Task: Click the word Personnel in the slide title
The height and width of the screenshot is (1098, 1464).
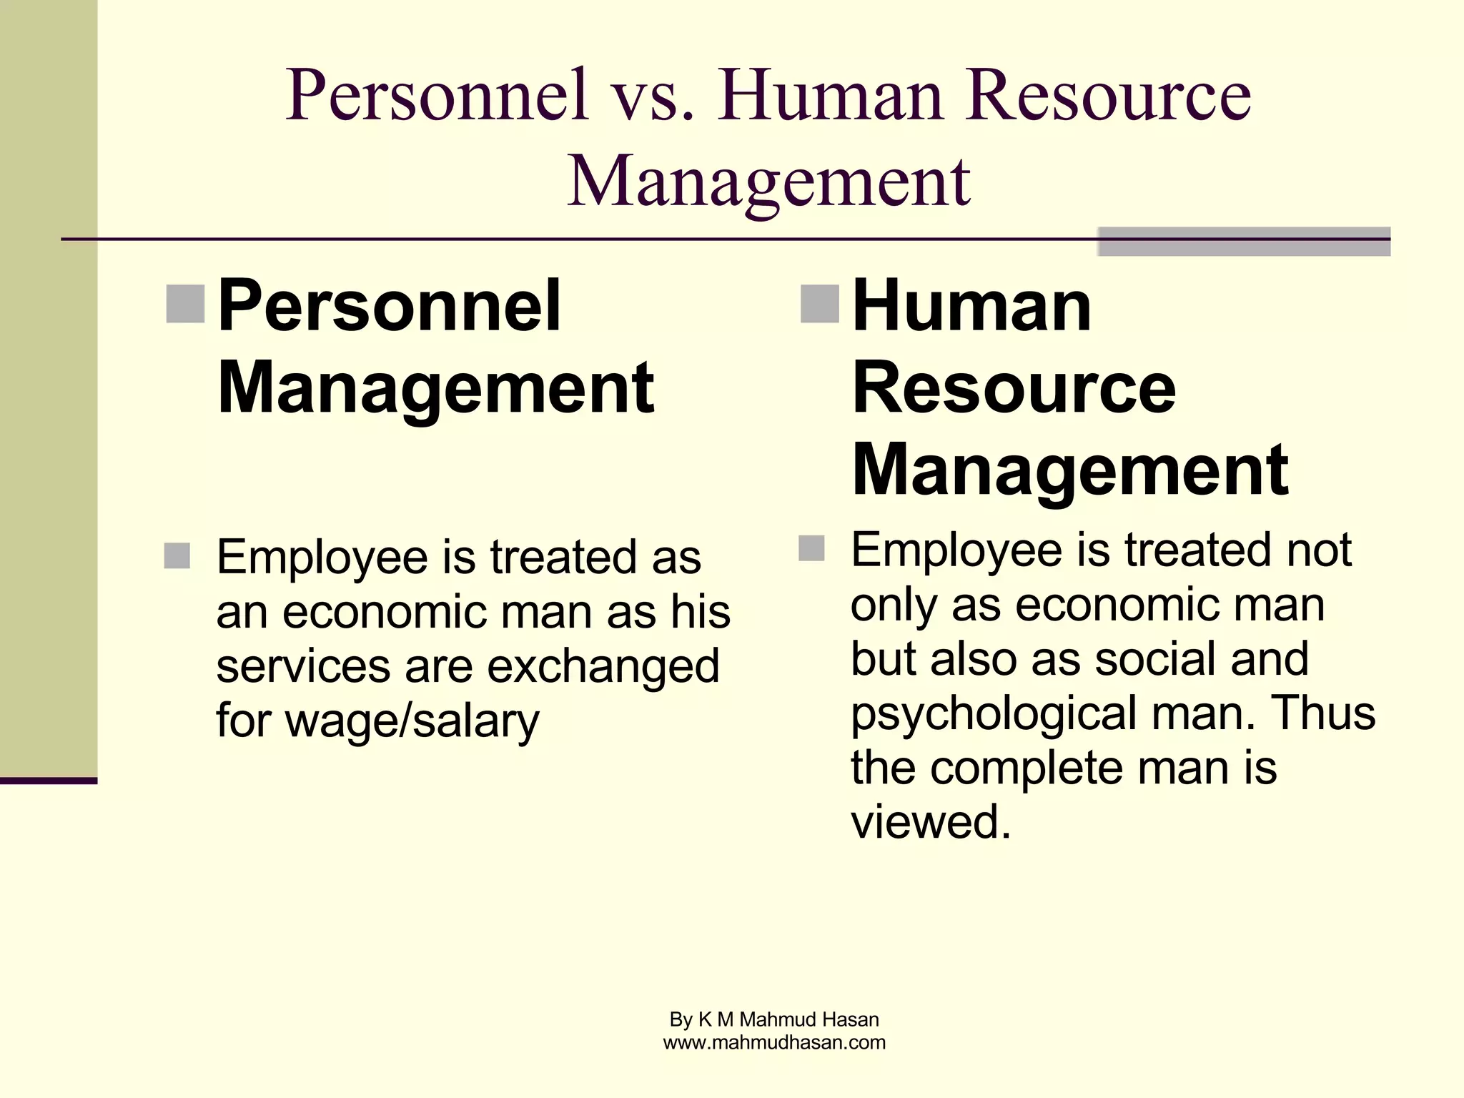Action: pos(437,95)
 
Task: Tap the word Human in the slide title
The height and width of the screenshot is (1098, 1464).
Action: pos(831,95)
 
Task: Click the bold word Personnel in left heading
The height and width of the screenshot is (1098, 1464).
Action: pos(389,306)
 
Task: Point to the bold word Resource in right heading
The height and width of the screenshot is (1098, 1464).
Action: pos(1014,387)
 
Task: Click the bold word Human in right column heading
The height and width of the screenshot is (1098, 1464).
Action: pos(972,306)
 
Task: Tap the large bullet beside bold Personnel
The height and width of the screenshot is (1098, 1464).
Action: pos(185,304)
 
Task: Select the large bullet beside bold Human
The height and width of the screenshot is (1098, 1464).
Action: pos(820,304)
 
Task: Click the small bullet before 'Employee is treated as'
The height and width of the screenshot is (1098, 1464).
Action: pos(177,555)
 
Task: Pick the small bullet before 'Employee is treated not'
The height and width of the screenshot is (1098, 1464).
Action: pos(811,548)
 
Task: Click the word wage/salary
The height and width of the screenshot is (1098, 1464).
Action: pos(412,721)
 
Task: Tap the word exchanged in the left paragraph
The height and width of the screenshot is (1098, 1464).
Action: pos(603,666)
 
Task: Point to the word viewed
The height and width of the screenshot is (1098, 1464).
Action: pos(930,821)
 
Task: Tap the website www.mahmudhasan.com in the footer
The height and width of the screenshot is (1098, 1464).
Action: pos(774,1043)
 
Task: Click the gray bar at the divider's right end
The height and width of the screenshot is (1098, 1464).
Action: pos(1244,242)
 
